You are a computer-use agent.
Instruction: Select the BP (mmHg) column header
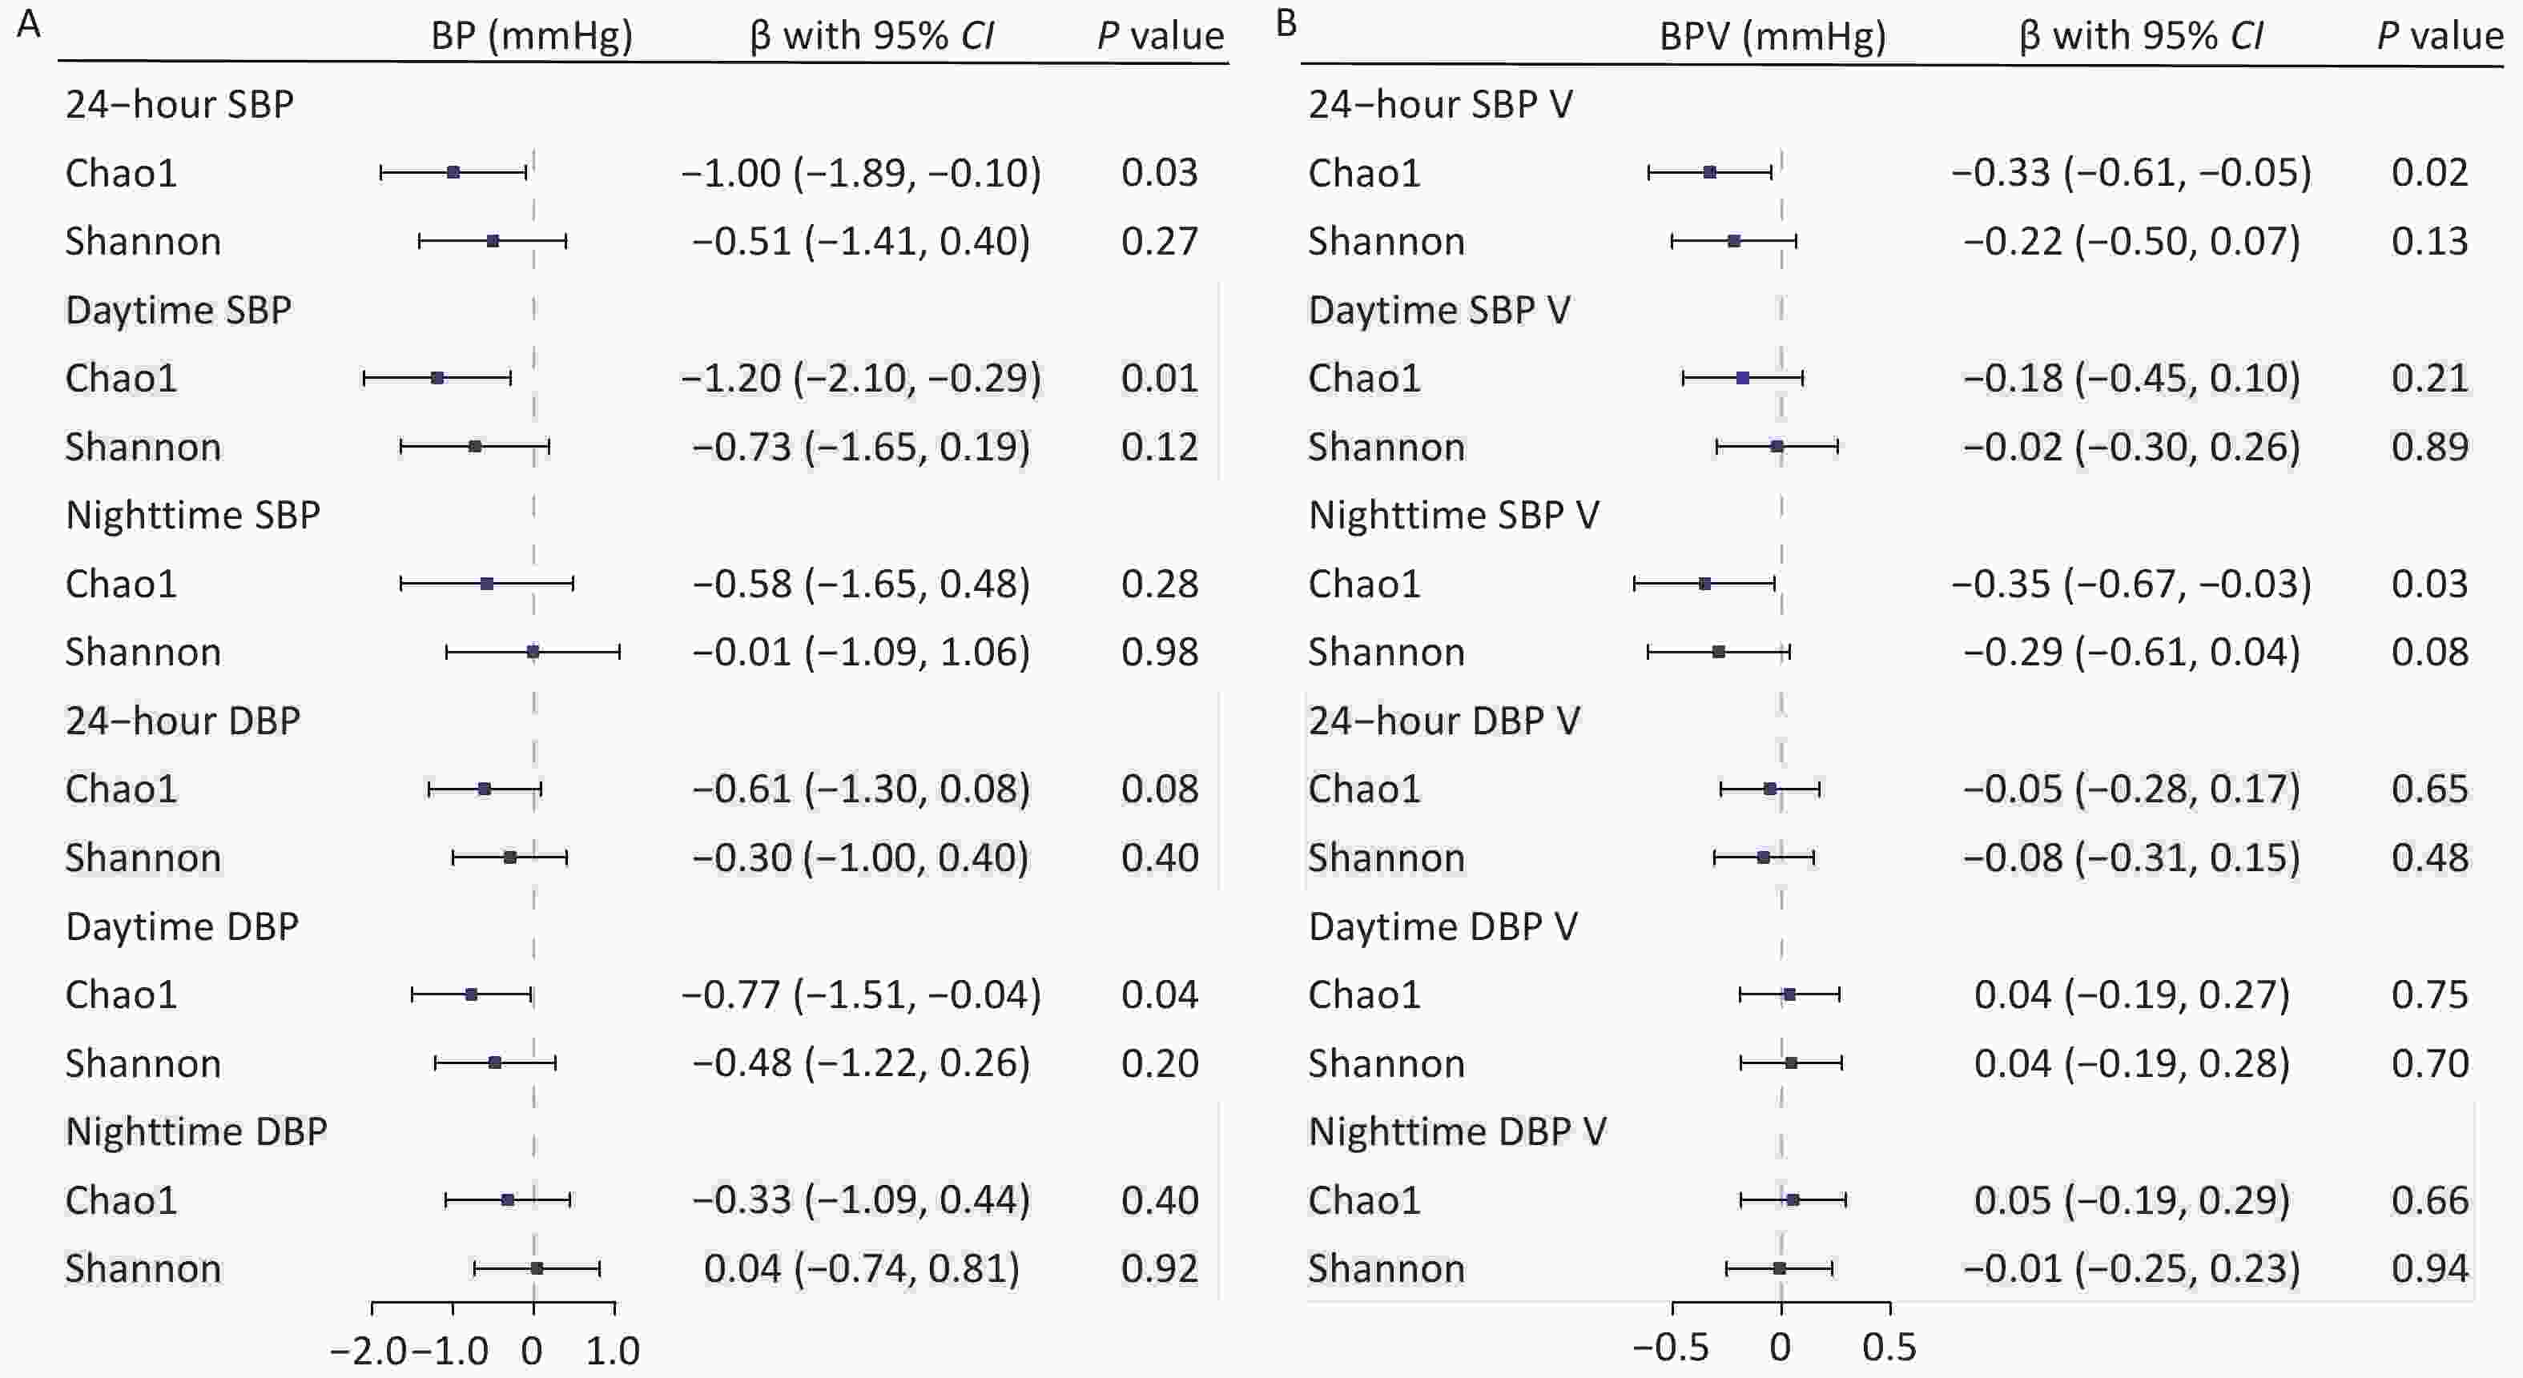point(532,36)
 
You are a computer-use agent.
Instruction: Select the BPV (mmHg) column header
point(1772,36)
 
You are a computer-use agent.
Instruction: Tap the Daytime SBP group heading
point(179,310)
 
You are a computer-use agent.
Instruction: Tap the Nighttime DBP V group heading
point(1456,1131)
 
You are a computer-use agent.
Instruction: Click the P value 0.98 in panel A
point(1160,653)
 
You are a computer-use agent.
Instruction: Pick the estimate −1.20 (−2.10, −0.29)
point(861,378)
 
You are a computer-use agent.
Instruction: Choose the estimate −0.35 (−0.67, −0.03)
point(2131,584)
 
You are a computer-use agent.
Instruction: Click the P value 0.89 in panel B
point(2430,447)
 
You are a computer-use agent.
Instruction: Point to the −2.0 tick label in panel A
point(369,1352)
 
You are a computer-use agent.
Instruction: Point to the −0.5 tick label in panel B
point(1671,1348)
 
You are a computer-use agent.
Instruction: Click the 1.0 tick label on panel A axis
point(613,1352)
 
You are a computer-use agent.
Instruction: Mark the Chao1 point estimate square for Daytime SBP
point(438,378)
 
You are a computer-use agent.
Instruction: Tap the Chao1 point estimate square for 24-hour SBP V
point(1710,172)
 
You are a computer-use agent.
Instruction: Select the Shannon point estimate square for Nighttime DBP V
point(1780,1268)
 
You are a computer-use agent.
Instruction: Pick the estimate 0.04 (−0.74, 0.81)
point(861,1268)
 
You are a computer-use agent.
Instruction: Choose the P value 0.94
point(2430,1268)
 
